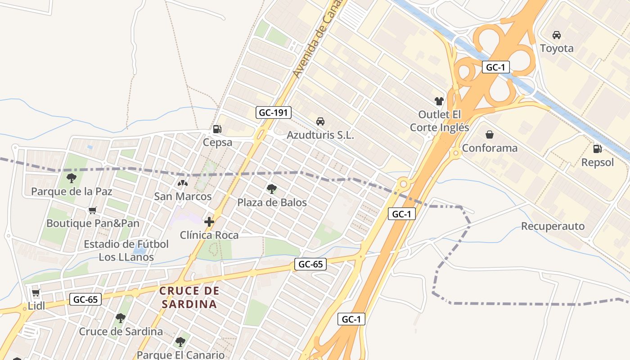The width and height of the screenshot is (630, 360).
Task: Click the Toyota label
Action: coord(557,48)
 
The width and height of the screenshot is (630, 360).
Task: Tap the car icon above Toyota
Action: coord(557,35)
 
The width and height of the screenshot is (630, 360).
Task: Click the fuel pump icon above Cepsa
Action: coord(217,129)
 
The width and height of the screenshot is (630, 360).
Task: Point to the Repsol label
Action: coord(597,162)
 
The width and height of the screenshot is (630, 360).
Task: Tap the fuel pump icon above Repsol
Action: coord(597,149)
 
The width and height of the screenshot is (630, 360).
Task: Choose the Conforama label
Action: coord(490,148)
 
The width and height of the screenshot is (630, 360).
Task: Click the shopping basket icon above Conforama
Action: coord(490,135)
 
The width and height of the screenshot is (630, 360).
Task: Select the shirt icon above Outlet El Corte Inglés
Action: coord(439,101)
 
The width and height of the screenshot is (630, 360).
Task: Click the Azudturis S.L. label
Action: coord(320,135)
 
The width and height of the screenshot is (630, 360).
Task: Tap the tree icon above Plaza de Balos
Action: coord(271,189)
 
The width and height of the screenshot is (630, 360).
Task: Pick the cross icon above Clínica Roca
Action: coord(209,221)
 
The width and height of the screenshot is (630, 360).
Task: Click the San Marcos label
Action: coord(183,197)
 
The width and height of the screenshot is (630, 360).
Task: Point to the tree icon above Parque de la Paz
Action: coord(72,178)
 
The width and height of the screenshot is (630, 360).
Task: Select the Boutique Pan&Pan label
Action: coord(93,223)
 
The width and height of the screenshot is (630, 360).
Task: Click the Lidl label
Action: coord(36,306)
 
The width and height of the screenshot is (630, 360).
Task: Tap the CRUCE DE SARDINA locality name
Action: coord(189,297)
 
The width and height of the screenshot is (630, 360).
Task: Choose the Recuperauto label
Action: coord(553,226)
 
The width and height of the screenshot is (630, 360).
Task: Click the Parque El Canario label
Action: coord(180,355)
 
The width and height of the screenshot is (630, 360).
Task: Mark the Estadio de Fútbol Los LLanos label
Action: coord(126,251)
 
